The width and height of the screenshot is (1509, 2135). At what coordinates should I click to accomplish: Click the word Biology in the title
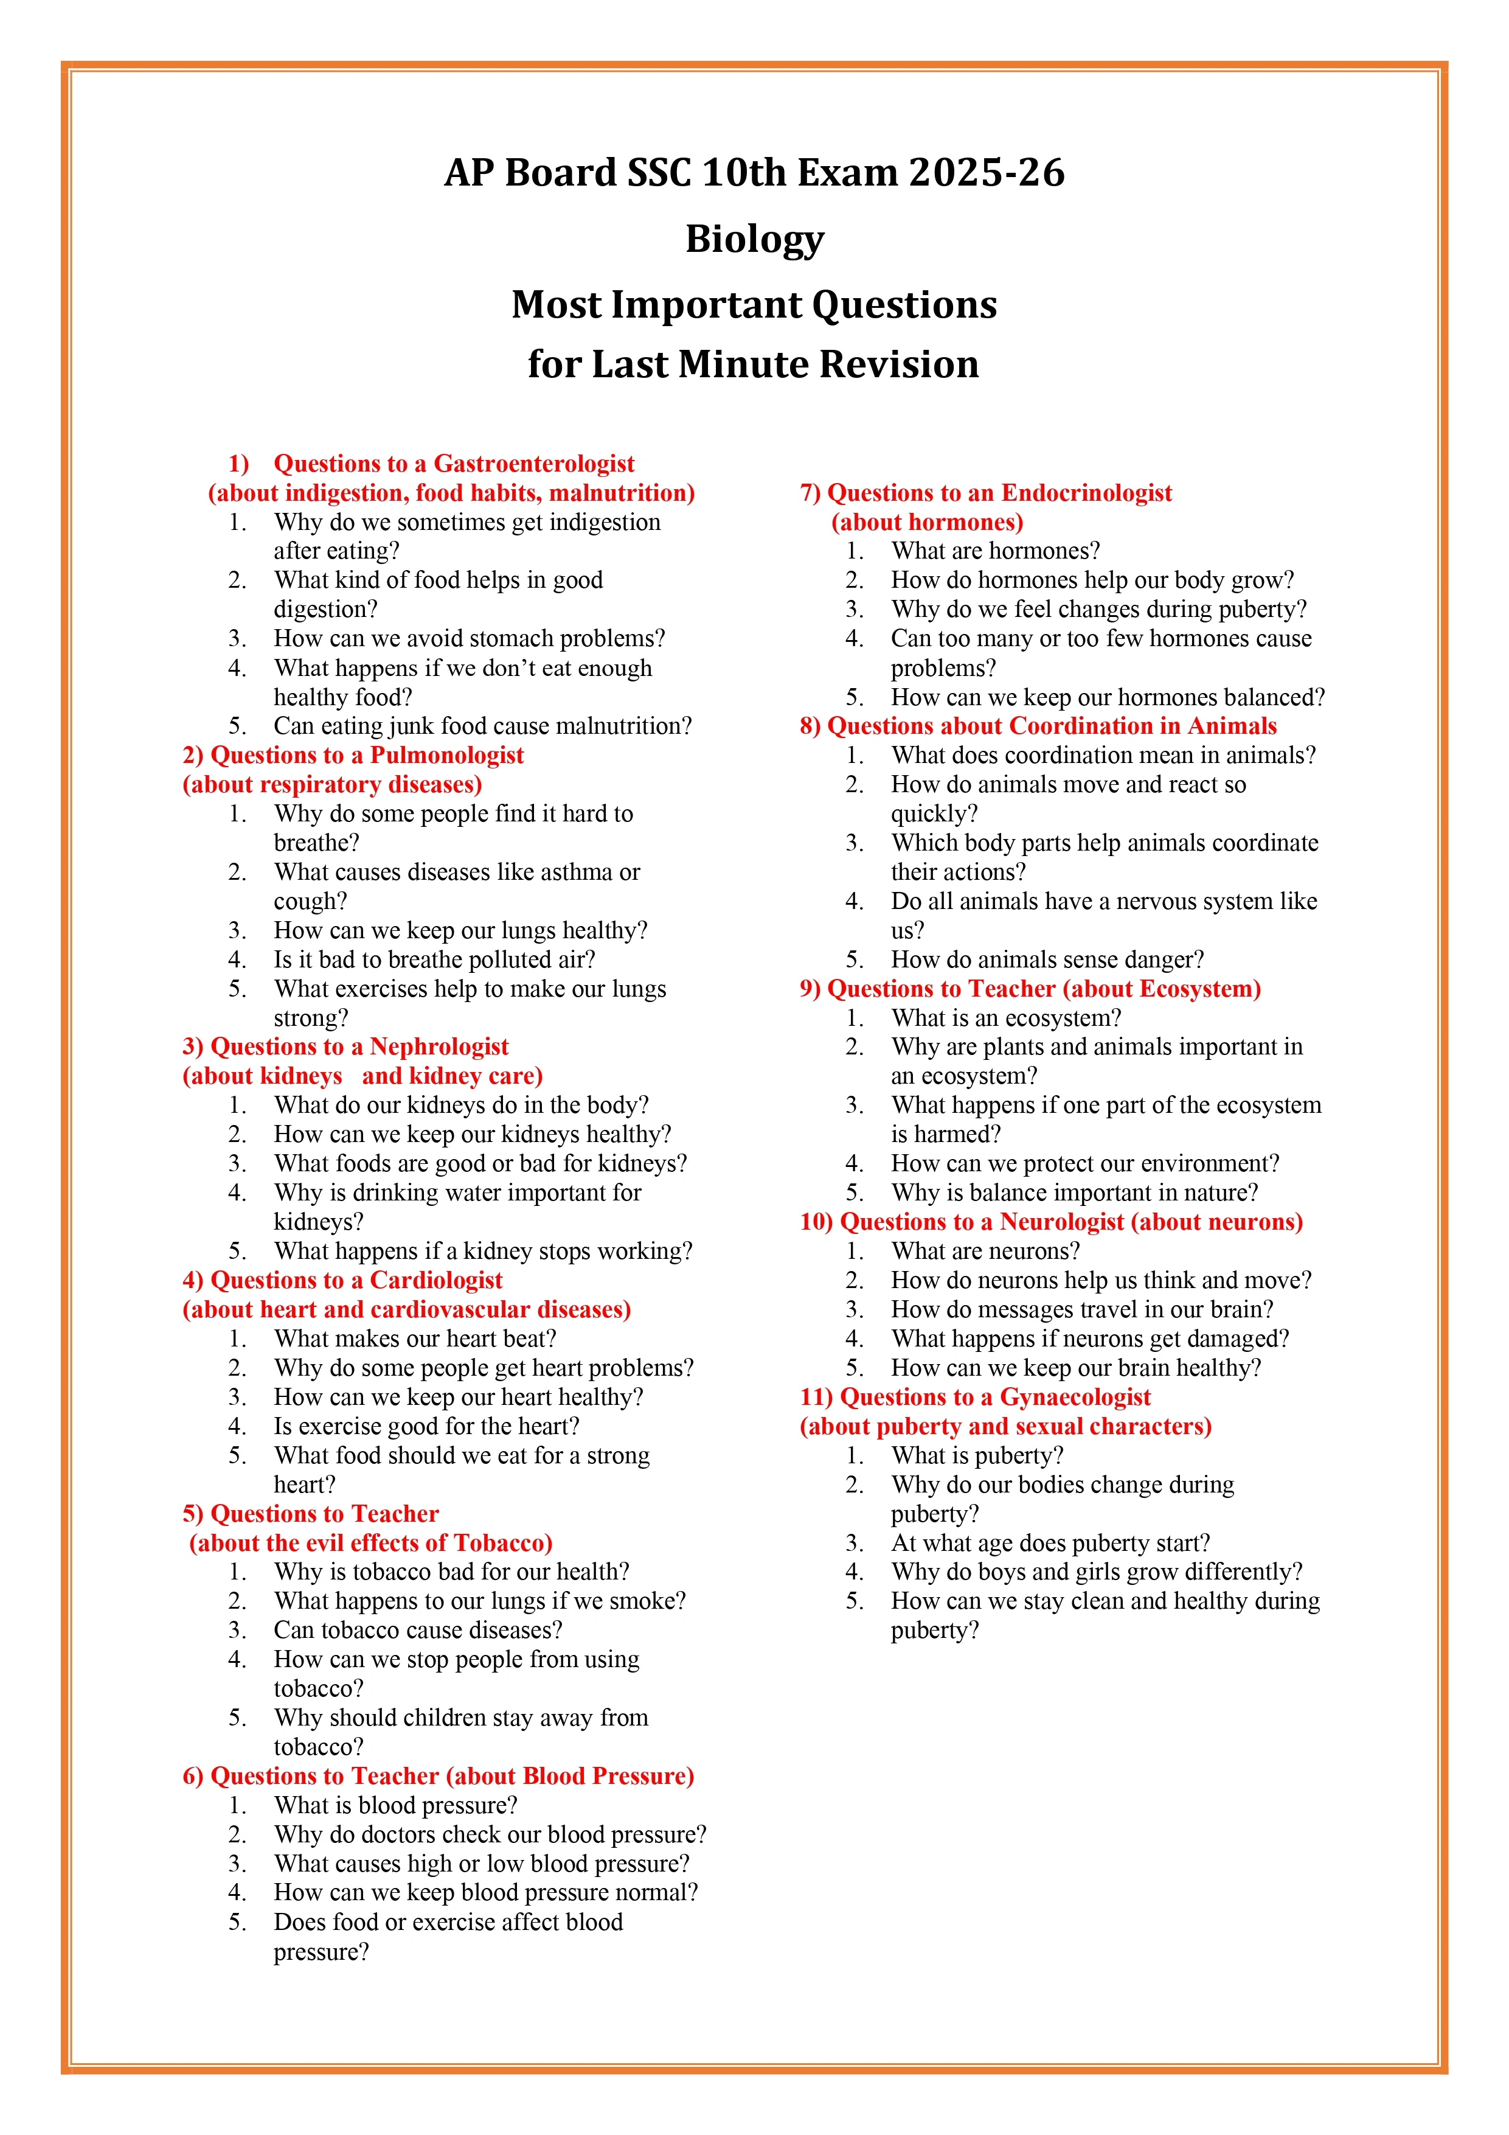[754, 239]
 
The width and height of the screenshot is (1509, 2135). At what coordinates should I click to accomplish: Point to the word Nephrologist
[439, 1047]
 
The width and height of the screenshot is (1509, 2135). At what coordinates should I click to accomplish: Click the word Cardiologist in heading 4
[436, 1280]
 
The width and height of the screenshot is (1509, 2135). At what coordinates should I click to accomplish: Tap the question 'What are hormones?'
[995, 551]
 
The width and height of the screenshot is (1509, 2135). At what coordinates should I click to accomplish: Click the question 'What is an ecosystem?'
[1006, 1018]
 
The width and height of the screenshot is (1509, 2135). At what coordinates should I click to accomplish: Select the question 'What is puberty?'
[977, 1456]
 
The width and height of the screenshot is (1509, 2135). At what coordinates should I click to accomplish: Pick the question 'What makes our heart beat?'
[415, 1339]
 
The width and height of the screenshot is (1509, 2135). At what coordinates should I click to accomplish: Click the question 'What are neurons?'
[985, 1252]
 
